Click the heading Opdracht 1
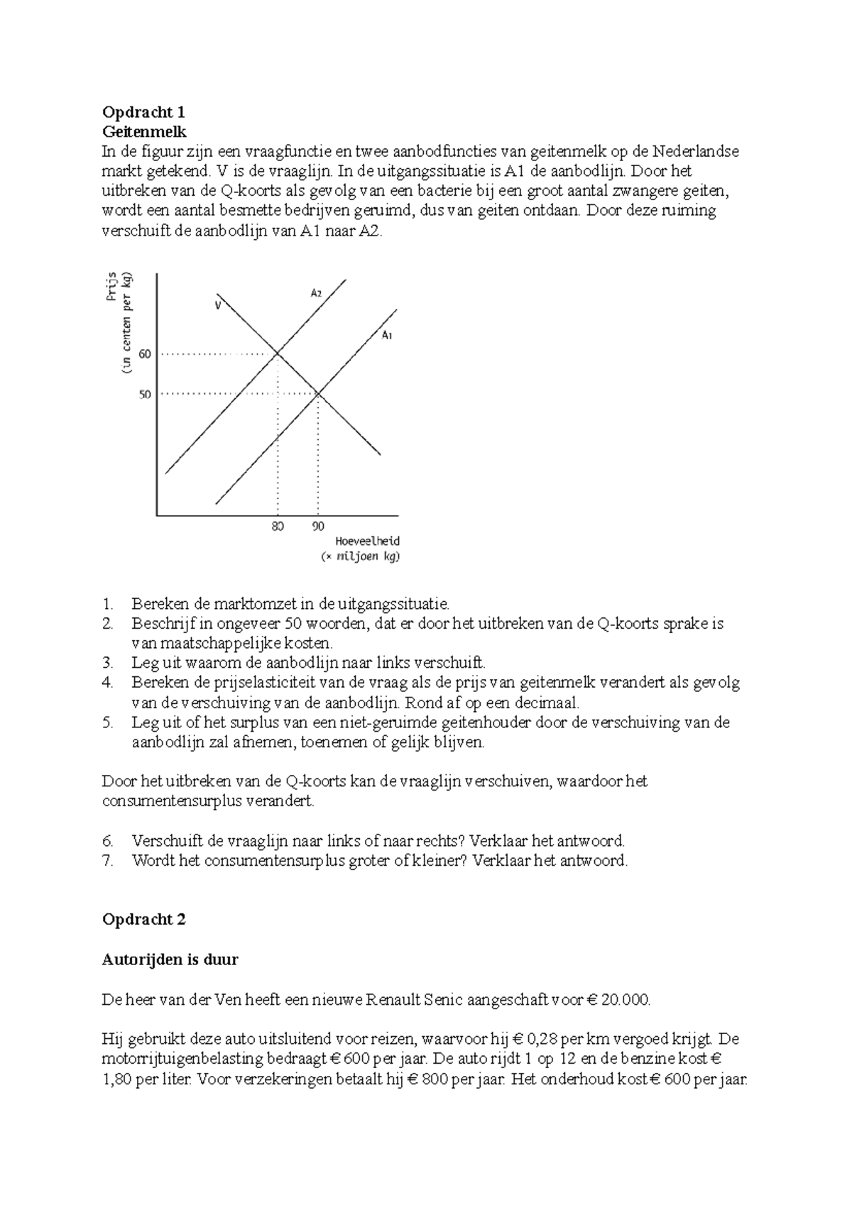point(143,112)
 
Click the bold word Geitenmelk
point(144,132)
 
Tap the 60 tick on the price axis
point(146,353)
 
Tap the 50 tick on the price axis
point(146,394)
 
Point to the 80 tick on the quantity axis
point(277,527)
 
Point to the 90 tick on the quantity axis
point(317,527)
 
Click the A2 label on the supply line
point(316,292)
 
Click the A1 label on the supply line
point(388,335)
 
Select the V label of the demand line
point(218,306)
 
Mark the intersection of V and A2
point(277,353)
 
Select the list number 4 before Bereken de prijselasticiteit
point(108,683)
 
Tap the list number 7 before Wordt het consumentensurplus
point(108,862)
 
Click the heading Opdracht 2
point(143,920)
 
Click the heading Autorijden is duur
point(170,960)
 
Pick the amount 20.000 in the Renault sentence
point(624,1001)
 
